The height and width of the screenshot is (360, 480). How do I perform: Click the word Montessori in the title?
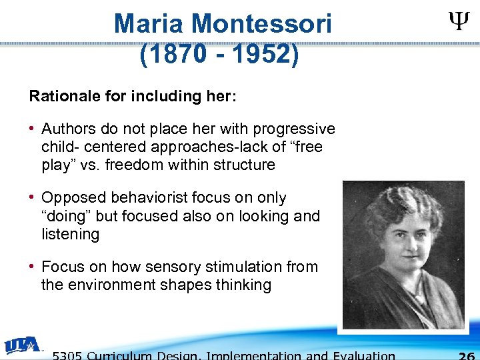pos(261,25)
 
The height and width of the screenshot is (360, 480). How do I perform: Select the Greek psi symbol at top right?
pos(457,24)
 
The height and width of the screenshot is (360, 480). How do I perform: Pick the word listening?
pos(70,234)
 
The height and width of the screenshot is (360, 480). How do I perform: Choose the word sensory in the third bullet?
pos(179,267)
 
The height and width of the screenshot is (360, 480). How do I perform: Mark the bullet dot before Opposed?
pos(33,198)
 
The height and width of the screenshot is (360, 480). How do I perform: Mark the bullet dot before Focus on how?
pos(33,267)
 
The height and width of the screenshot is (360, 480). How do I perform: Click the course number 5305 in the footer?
pos(67,355)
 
